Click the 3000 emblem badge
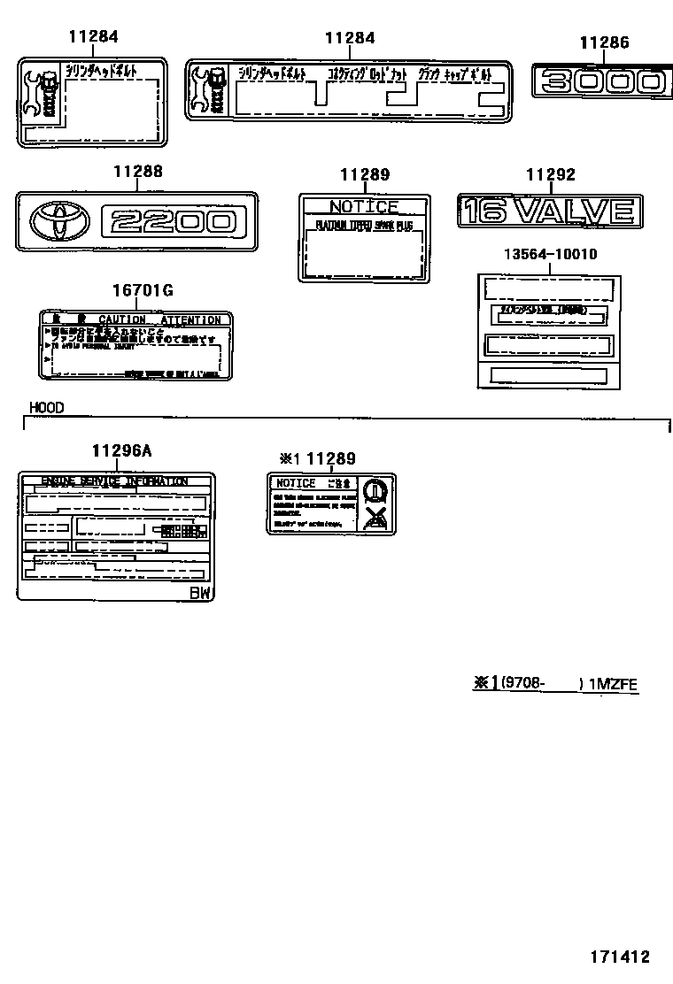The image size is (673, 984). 599,82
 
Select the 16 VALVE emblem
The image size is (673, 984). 549,211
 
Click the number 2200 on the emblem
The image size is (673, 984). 169,219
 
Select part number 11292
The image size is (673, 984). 551,174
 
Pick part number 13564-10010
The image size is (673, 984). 550,254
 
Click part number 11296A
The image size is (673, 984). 120,450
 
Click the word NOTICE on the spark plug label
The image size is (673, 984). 364,206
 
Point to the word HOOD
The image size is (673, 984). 46,408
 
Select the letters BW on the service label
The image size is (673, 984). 201,593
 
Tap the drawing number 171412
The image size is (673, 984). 620,957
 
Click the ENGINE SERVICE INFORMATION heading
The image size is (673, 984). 115,481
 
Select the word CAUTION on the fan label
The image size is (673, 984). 121,319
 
